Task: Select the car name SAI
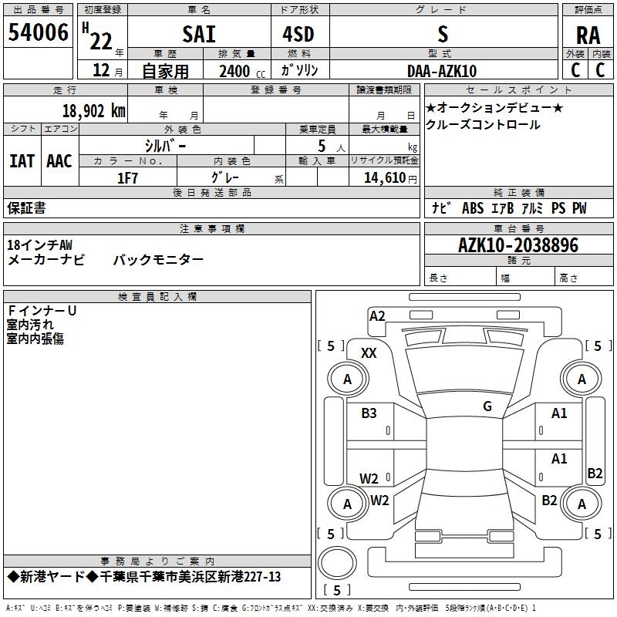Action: [x=199, y=34]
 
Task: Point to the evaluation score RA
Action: [x=588, y=35]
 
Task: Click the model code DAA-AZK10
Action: [x=442, y=71]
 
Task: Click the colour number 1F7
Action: [x=127, y=177]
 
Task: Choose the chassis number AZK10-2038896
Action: [x=518, y=245]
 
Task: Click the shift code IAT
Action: [x=22, y=161]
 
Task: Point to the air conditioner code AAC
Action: [x=59, y=161]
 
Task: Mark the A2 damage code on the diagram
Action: [x=377, y=315]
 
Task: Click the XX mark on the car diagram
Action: [x=369, y=352]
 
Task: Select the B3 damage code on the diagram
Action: [x=369, y=413]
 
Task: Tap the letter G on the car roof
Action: [x=487, y=406]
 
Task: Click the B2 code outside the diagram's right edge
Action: [x=595, y=474]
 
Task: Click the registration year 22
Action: [x=102, y=37]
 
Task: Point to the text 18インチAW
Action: [x=40, y=244]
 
